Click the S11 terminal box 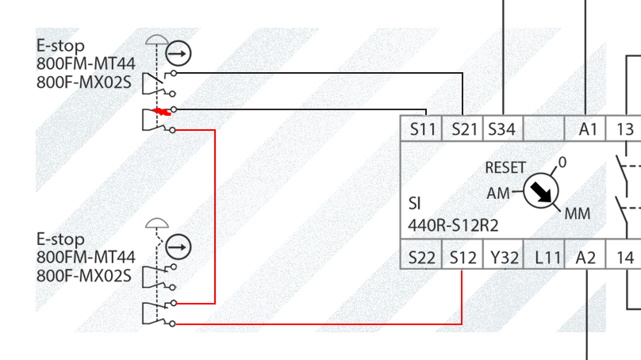pos(422,129)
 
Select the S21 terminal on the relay pos(463,129)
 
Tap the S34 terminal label pos(503,129)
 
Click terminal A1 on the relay pos(586,129)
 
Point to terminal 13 pos(625,129)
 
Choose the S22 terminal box pos(422,257)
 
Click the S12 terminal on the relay pos(463,257)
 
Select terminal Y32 pos(504,257)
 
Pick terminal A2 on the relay pos(586,257)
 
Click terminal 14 pos(625,257)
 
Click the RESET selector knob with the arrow pos(542,191)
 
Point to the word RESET pos(505,168)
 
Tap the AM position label pos(498,193)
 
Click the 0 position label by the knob pos(562,163)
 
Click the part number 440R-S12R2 pos(453,224)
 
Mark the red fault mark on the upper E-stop pos(162,111)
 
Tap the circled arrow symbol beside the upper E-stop pos(179,54)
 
